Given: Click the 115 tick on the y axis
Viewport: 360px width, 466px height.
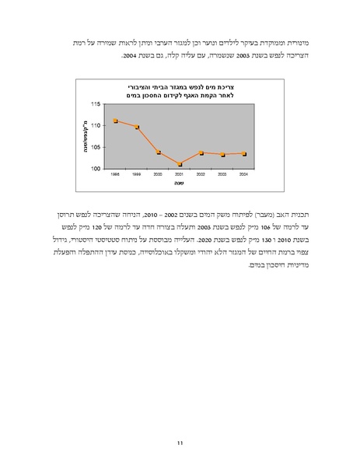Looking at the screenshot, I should (96, 103).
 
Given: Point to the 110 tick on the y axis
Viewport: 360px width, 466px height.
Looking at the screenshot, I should (96, 125).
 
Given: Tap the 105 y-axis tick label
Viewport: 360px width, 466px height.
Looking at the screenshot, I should (96, 147).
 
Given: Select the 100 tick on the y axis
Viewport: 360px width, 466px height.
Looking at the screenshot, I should (96, 168).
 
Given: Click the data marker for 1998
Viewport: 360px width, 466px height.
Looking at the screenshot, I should (115, 121).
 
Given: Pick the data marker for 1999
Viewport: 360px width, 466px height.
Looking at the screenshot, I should (137, 127).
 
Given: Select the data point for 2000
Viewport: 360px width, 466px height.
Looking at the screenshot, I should (159, 152).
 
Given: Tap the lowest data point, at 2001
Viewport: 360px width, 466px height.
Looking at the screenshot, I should (180, 164).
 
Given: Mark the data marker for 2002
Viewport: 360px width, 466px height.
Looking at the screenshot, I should (201, 152).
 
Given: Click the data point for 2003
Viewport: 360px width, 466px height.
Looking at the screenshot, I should (223, 154).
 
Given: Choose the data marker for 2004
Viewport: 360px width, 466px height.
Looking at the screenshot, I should (244, 153).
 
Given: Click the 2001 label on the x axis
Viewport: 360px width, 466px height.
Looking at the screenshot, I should (180, 175).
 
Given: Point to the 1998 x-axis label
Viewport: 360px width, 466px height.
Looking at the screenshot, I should (115, 175).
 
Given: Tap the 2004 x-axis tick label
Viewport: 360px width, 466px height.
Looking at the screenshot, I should (244, 175).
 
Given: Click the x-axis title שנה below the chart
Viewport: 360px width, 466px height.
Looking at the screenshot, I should (179, 185).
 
